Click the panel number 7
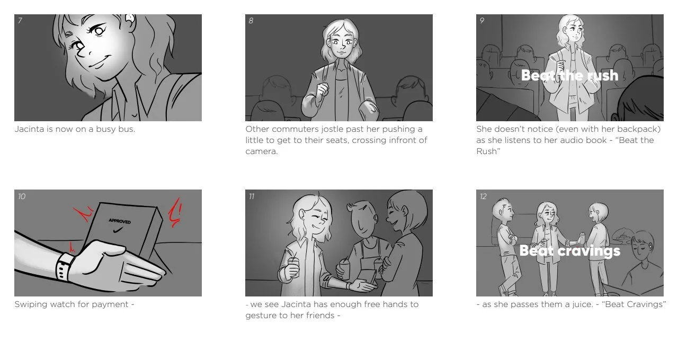point(20,21)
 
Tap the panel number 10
point(21,196)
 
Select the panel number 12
point(483,196)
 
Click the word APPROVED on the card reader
point(120,221)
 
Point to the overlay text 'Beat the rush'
point(569,75)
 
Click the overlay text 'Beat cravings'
point(569,250)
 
